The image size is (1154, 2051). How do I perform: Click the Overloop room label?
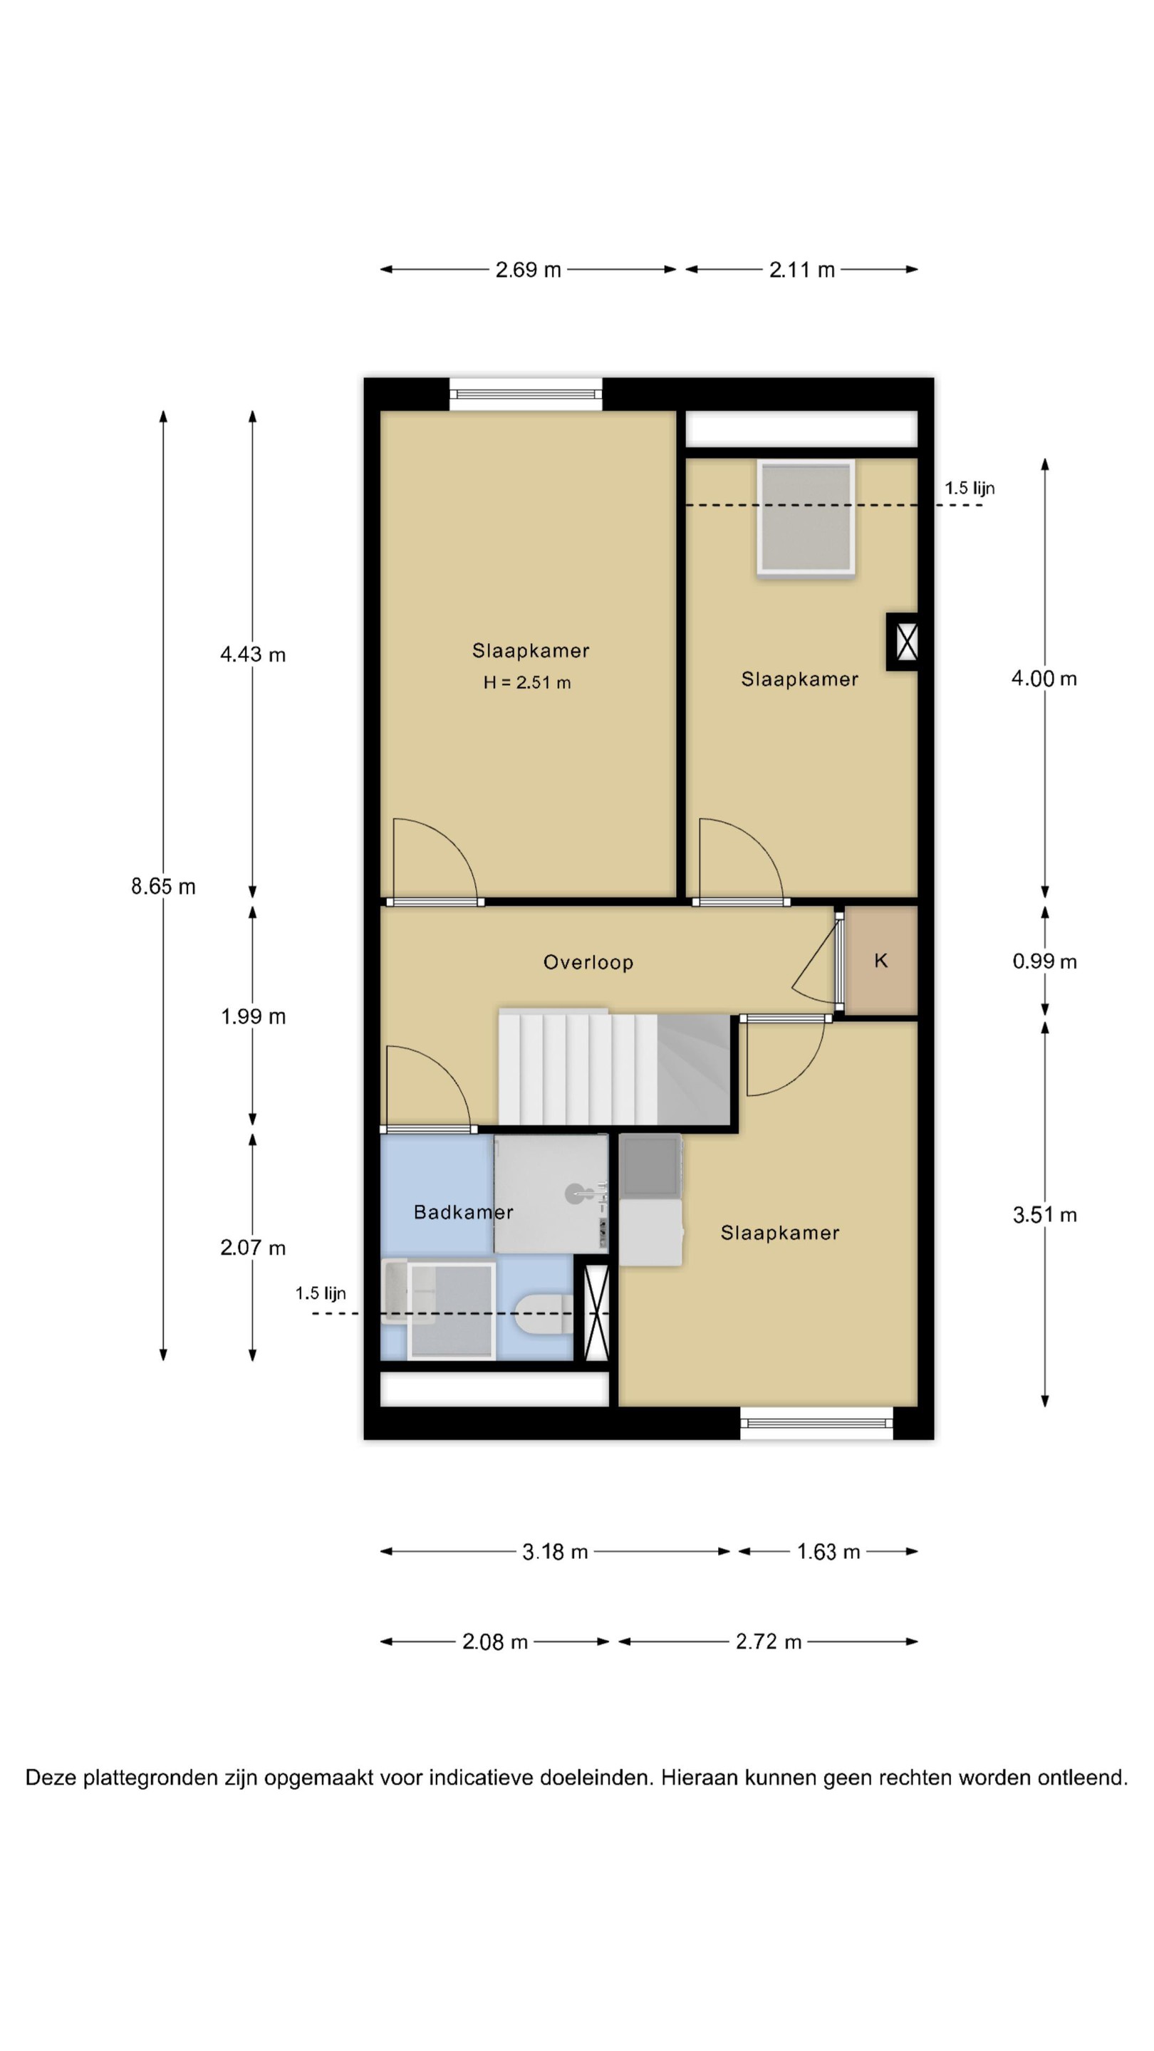pyautogui.click(x=588, y=962)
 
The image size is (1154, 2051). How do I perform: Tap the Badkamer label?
pyautogui.click(x=464, y=1212)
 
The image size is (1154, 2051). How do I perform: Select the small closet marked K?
pyautogui.click(x=881, y=960)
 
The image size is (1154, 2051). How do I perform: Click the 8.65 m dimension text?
pyautogui.click(x=163, y=886)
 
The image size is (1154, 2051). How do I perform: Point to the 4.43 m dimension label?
pyautogui.click(x=252, y=654)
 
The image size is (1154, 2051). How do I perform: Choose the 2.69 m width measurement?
pyautogui.click(x=528, y=270)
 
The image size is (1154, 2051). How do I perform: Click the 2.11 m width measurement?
pyautogui.click(x=802, y=270)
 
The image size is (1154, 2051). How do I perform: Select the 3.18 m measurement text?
pyautogui.click(x=555, y=1552)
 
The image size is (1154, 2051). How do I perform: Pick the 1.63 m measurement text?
pyautogui.click(x=828, y=1552)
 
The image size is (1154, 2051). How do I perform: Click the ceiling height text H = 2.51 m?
pyautogui.click(x=527, y=682)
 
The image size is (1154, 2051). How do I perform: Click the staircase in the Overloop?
pyautogui.click(x=615, y=1068)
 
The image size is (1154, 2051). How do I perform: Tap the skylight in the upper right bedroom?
pyautogui.click(x=806, y=517)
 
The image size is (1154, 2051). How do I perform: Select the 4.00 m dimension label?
pyautogui.click(x=1044, y=679)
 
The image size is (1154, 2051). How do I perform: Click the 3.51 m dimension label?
pyautogui.click(x=1044, y=1214)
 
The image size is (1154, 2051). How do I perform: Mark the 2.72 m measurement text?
pyautogui.click(x=769, y=1642)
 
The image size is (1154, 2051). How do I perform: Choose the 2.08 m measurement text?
pyautogui.click(x=495, y=1642)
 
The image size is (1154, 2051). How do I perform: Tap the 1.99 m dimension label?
pyautogui.click(x=252, y=1016)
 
